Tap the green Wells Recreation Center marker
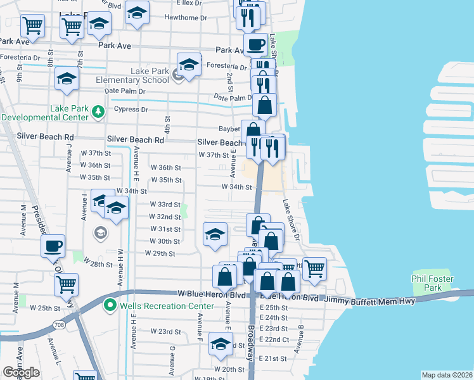110,306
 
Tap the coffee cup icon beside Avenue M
53,245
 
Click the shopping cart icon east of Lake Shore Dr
314,269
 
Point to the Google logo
21,372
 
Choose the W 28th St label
97,264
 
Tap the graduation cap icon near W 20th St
221,345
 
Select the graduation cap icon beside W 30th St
215,234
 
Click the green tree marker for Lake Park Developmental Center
98,112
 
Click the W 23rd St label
165,331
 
